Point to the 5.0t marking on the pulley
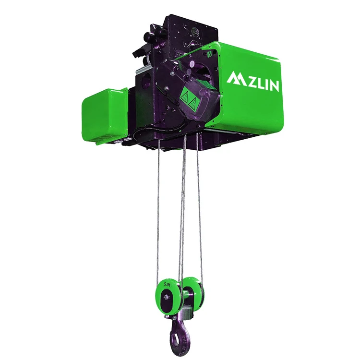tap(167, 285)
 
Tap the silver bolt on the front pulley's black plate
tap(166, 298)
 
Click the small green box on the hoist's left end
tap(105, 116)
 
